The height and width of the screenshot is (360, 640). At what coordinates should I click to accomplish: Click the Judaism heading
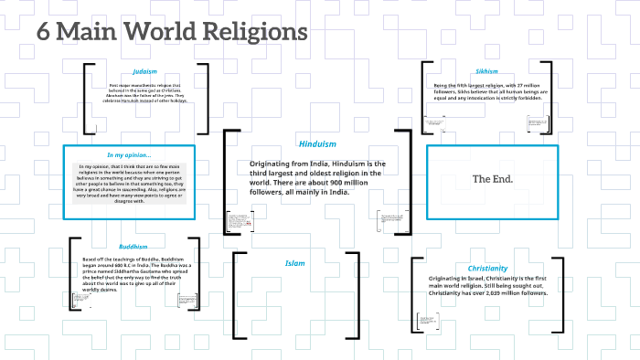tap(144, 70)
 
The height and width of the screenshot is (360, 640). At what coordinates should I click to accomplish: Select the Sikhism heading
tap(486, 70)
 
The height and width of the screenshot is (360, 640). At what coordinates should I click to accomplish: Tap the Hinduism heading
tap(317, 143)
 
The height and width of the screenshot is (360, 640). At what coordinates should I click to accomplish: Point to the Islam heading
tap(295, 263)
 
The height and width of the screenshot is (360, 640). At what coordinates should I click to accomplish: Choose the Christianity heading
tap(486, 269)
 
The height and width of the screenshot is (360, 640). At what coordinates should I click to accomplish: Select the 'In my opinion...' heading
tap(129, 154)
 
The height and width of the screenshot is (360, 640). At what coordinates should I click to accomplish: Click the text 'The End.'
tap(492, 179)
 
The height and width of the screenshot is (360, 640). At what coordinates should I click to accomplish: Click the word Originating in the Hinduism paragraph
tap(270, 163)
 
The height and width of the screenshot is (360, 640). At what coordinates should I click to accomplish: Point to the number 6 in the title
tap(43, 31)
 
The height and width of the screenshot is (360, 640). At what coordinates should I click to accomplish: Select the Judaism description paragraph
tap(144, 92)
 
